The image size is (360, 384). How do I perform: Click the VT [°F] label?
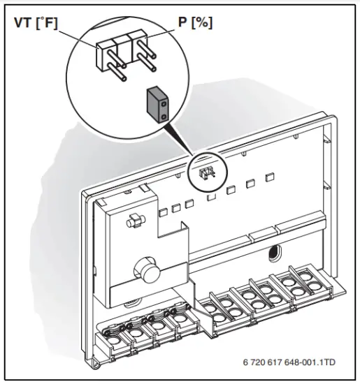(36, 22)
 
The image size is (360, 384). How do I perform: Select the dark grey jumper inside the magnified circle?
(158, 104)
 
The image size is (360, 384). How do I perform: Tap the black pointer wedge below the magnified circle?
(183, 143)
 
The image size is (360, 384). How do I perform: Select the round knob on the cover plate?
(144, 269)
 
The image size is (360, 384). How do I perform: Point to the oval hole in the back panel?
(273, 249)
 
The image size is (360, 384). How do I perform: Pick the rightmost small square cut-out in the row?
(268, 182)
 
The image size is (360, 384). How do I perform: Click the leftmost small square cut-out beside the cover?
(162, 210)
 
